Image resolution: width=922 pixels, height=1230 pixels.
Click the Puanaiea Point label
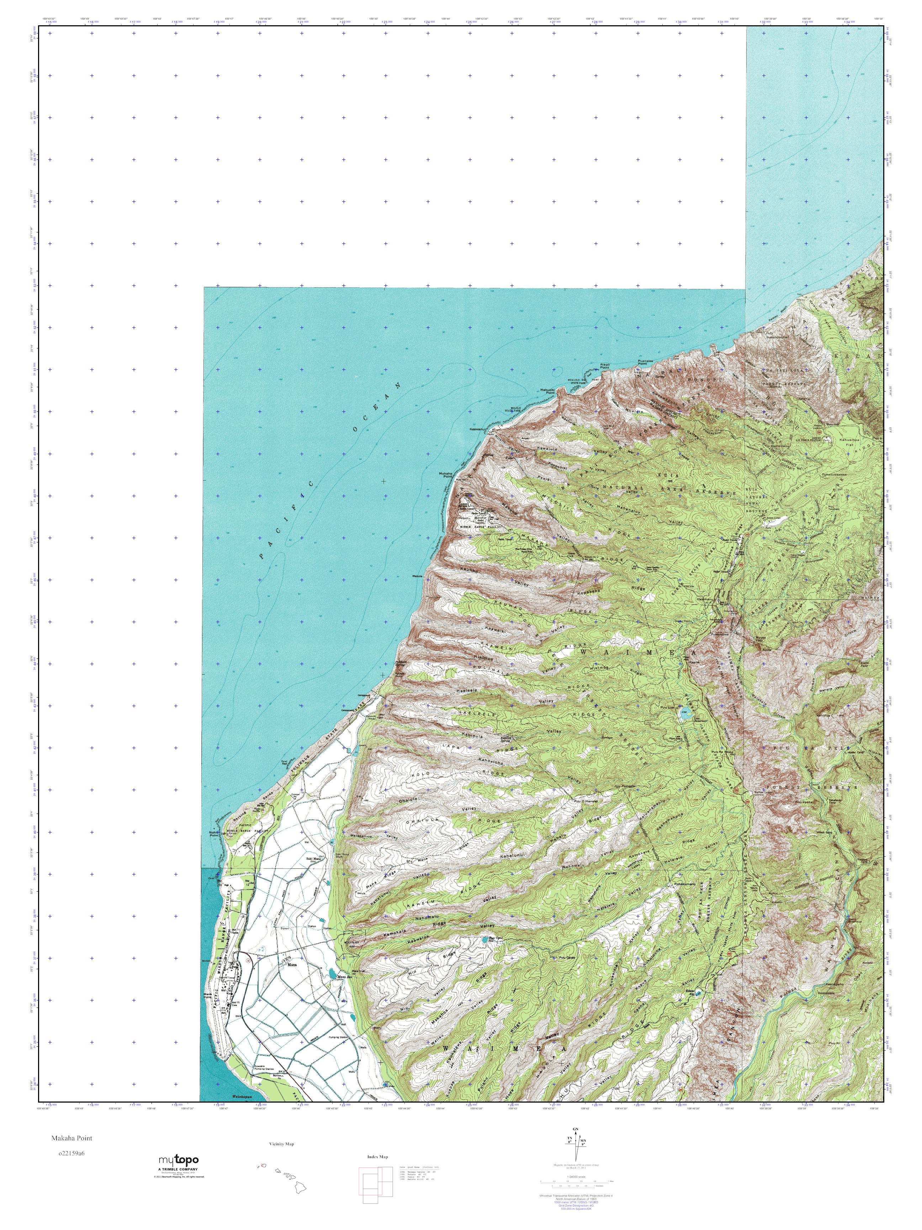(644, 362)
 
